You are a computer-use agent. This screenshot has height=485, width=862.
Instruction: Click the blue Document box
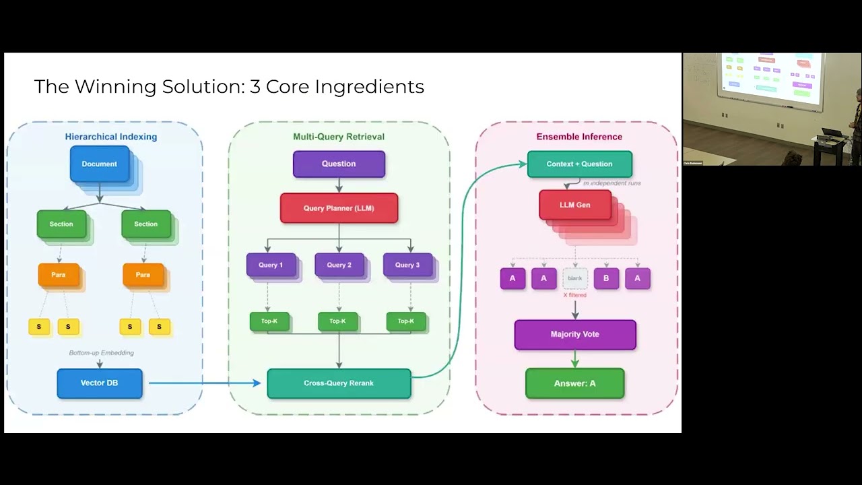100,164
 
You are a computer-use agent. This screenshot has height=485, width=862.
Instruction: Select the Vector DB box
100,383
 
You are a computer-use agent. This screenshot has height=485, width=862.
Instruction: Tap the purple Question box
339,164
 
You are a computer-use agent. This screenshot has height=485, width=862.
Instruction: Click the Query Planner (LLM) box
339,208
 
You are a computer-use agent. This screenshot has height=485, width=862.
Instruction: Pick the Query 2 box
339,265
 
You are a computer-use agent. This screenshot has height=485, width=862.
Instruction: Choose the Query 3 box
407,265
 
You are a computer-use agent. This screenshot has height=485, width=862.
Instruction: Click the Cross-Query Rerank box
339,383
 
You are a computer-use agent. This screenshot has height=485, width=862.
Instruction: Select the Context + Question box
579,164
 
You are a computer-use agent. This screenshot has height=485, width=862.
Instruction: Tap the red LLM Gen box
575,205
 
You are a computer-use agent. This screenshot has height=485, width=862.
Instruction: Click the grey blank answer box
575,278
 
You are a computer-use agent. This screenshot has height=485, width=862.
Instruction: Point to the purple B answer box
606,278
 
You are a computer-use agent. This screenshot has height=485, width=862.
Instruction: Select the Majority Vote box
575,334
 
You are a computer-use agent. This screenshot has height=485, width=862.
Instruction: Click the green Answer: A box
575,383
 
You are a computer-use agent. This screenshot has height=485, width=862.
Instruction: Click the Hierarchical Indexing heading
111,137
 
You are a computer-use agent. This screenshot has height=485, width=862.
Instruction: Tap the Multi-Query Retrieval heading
339,137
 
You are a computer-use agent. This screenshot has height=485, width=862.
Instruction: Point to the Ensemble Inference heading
579,137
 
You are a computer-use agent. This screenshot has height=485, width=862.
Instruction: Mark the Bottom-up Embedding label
101,353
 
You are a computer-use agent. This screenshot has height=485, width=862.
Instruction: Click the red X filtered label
575,295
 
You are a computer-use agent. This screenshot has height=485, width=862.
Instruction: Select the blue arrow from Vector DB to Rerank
202,383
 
